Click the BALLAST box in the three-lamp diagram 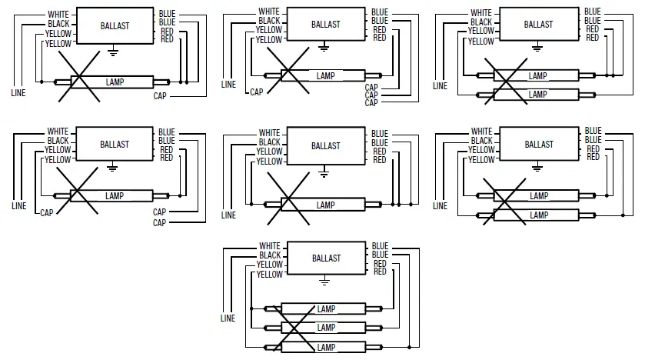point(325,258)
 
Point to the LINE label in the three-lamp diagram point(228,318)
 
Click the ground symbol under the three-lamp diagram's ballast point(325,282)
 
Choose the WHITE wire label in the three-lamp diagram point(270,245)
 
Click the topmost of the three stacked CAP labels point(371,87)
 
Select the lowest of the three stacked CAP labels point(371,102)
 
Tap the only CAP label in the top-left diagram point(160,95)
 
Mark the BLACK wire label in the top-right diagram point(481,22)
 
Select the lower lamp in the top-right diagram point(537,95)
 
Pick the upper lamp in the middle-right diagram point(538,196)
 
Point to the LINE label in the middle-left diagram point(18,206)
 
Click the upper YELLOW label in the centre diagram point(269,152)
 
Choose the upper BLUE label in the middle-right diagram point(593,131)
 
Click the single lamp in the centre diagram point(325,205)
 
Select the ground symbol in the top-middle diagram point(324,48)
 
